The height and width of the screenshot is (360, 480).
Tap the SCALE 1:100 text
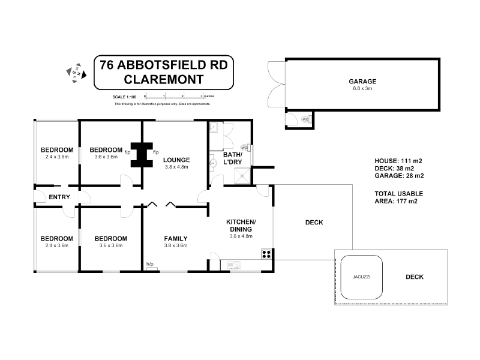(x=125, y=97)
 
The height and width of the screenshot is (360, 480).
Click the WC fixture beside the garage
(x=305, y=119)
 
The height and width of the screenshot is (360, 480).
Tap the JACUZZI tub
(x=362, y=277)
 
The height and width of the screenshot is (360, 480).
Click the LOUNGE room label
(x=177, y=160)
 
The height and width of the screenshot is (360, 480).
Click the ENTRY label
(x=60, y=197)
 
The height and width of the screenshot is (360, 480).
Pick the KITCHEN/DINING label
(x=241, y=226)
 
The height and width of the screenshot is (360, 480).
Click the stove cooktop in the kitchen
(x=266, y=254)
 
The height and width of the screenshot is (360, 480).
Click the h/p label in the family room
(x=150, y=264)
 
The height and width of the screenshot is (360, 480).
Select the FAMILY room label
(x=176, y=238)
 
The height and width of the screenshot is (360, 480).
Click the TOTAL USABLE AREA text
(x=399, y=197)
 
